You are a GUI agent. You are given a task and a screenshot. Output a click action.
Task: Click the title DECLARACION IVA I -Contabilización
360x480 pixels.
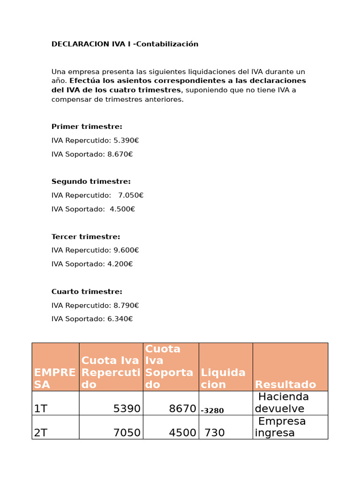tap(125, 44)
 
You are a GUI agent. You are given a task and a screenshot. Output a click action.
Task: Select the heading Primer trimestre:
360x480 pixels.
tap(87, 127)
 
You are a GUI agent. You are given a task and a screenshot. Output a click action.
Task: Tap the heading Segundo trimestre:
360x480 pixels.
tap(91, 181)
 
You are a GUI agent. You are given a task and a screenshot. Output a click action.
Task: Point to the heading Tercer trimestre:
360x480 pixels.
tap(86, 237)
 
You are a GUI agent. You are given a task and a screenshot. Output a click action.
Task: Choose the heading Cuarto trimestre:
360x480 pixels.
tap(87, 292)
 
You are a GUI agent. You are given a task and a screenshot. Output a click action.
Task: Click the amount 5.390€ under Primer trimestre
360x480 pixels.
tap(126, 140)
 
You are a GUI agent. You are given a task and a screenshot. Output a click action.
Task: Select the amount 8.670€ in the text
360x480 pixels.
tap(120, 154)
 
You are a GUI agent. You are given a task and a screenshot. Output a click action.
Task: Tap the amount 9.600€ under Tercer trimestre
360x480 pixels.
tap(126, 250)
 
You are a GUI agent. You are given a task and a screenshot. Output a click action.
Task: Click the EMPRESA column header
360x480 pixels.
tap(55, 378)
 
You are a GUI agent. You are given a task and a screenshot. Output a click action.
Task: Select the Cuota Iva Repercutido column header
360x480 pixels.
tap(111, 372)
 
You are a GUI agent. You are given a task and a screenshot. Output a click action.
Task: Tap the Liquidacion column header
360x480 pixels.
tap(223, 378)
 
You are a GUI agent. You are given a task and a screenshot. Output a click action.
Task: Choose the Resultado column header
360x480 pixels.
tap(285, 384)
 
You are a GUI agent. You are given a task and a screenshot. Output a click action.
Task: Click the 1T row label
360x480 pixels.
tap(41, 409)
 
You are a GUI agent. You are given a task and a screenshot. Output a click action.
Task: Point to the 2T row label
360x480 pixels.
tap(41, 433)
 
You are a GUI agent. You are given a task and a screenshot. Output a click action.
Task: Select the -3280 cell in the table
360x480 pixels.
tap(212, 411)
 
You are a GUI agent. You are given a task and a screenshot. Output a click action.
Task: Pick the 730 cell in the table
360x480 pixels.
tap(215, 433)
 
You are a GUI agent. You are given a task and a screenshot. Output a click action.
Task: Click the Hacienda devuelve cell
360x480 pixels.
tap(283, 403)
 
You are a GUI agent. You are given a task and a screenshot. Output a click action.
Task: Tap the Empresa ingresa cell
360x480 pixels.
tap(281, 427)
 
